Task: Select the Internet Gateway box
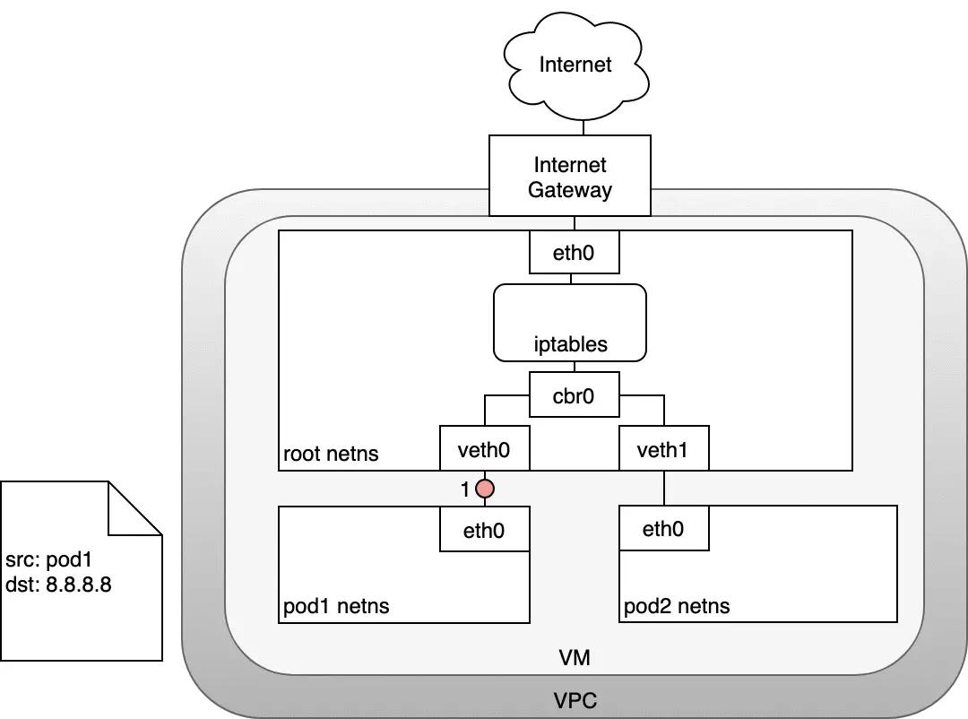[x=570, y=177]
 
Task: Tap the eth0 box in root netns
[x=574, y=253]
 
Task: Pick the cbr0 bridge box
[x=574, y=394]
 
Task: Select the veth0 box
[x=484, y=448]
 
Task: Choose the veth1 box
[x=663, y=448]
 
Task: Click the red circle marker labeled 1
[x=485, y=489]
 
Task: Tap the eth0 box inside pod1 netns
[x=484, y=530]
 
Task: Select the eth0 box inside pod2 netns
[x=663, y=529]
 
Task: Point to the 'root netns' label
[x=331, y=454]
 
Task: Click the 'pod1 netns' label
[x=336, y=606]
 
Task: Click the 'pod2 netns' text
[x=677, y=606]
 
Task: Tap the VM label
[x=574, y=658]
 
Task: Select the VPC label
[x=574, y=699]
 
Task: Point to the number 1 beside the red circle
[x=465, y=489]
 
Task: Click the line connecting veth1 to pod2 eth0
[x=663, y=488]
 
